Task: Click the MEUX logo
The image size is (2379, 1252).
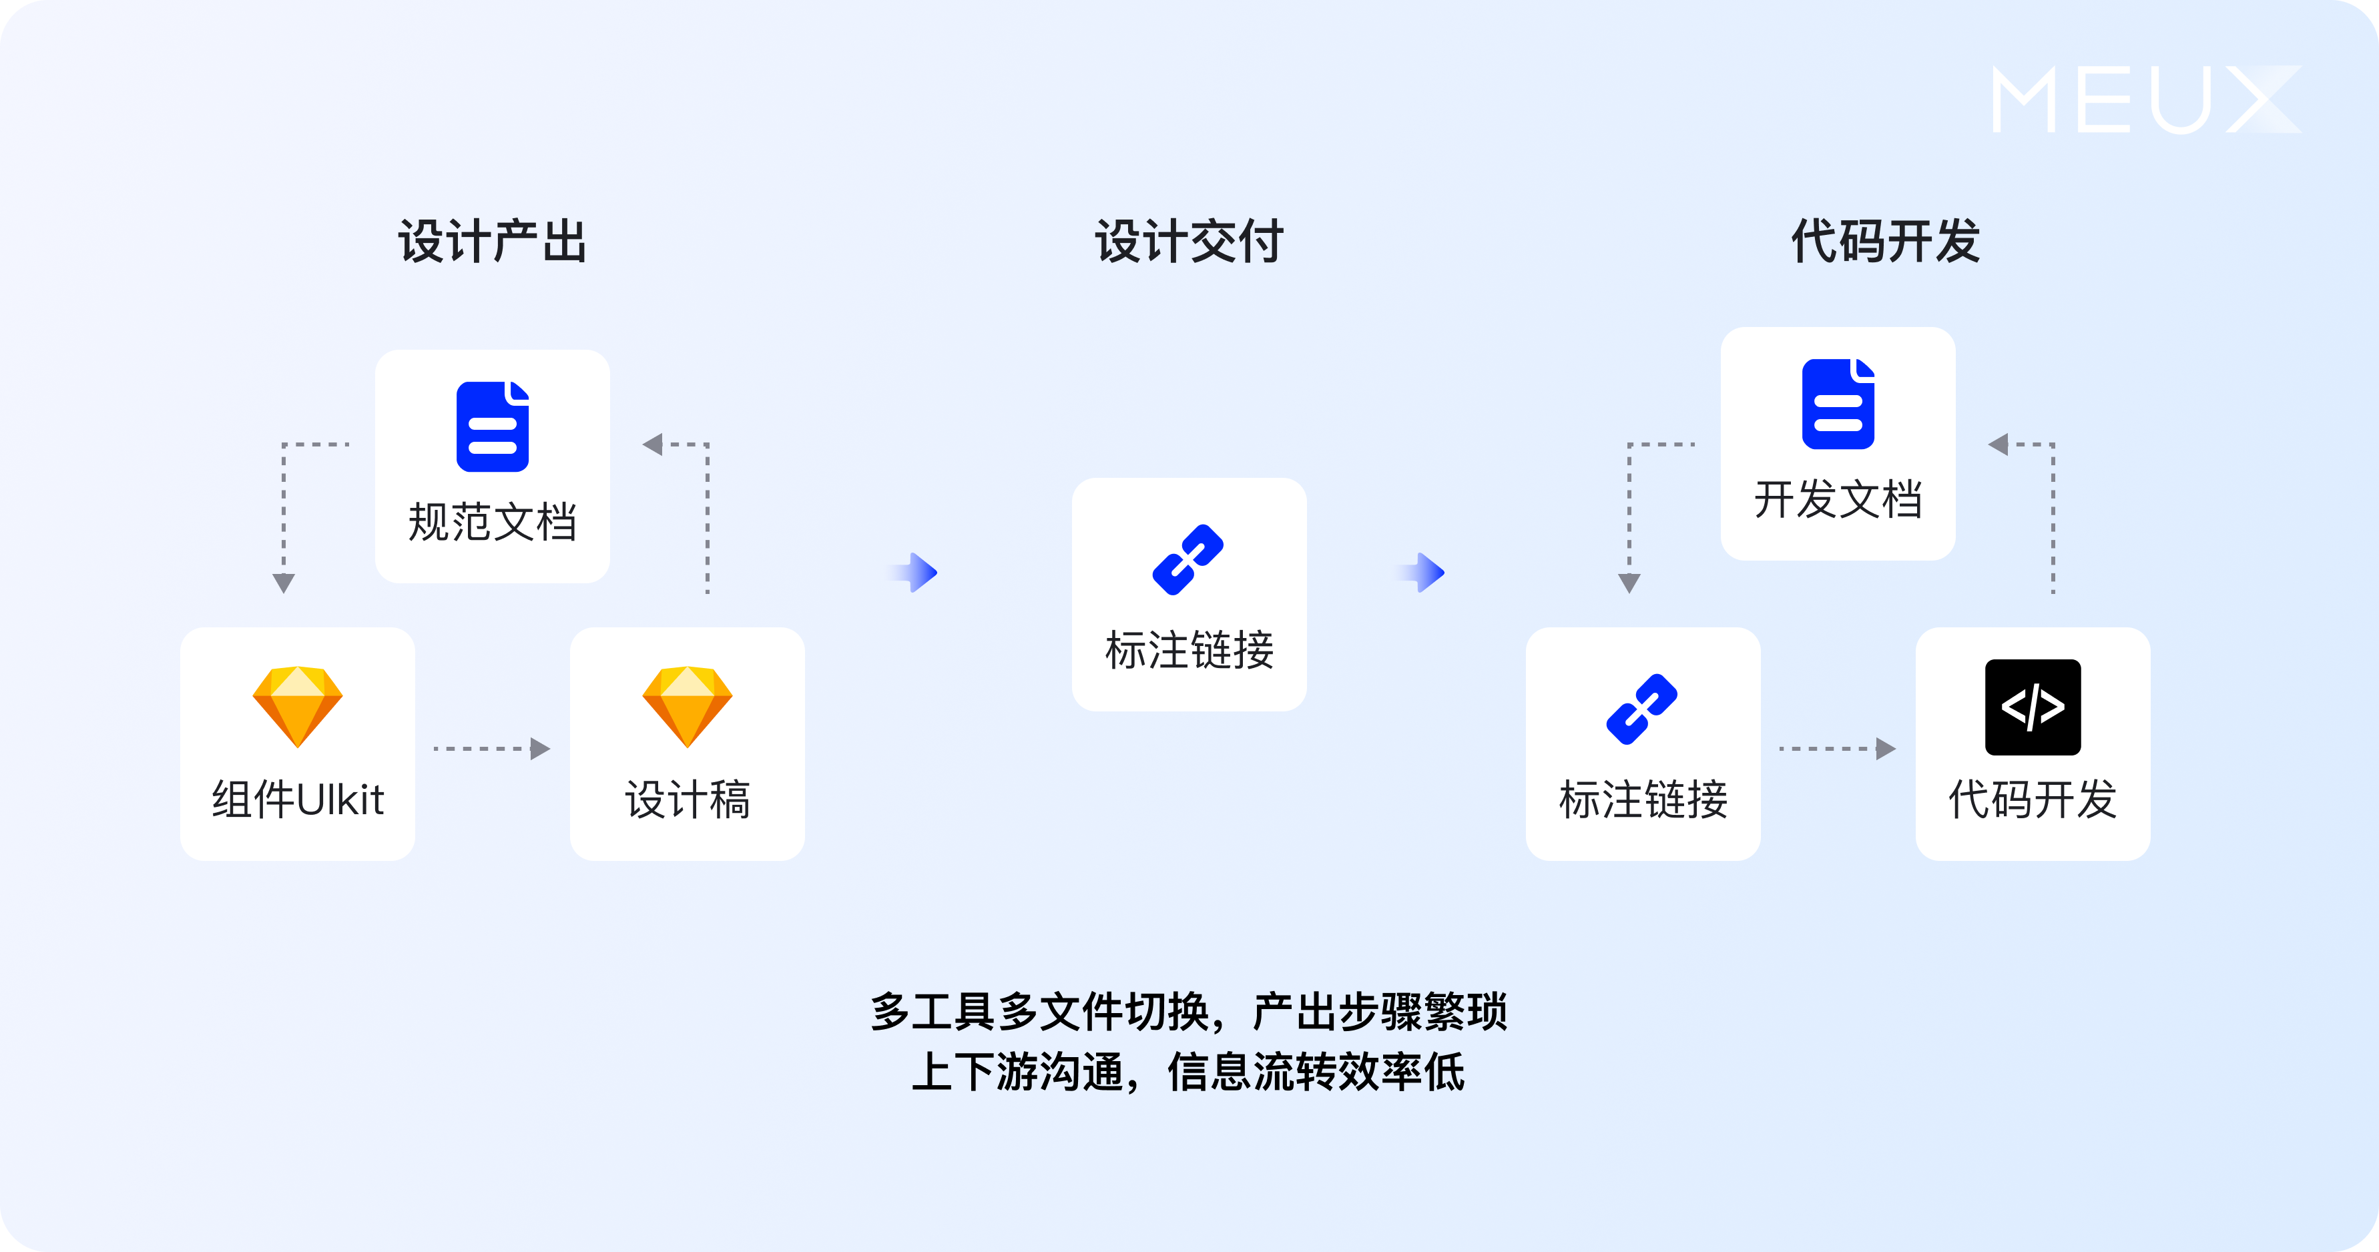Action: pyautogui.click(x=2145, y=99)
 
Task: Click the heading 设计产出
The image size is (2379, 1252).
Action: pyautogui.click(x=492, y=242)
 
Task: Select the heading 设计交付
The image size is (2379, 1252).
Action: pyautogui.click(x=1189, y=242)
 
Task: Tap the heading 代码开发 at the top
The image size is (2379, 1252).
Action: pyautogui.click(x=1885, y=242)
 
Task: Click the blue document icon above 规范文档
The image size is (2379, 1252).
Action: pyautogui.click(x=492, y=426)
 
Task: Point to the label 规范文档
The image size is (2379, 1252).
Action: pyautogui.click(x=492, y=523)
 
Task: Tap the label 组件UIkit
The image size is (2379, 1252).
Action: pyautogui.click(x=298, y=800)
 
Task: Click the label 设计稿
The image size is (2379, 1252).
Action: pyautogui.click(x=687, y=800)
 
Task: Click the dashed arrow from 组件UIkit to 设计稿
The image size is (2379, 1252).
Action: pyautogui.click(x=491, y=749)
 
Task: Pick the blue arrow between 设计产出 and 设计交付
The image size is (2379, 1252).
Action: pyautogui.click(x=914, y=573)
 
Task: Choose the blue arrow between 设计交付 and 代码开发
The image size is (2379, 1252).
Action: pyautogui.click(x=1422, y=573)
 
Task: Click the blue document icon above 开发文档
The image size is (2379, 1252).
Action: pyautogui.click(x=1838, y=404)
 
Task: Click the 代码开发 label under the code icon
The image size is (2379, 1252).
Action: pyautogui.click(x=2033, y=800)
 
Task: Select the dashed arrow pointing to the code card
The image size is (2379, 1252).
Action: pyautogui.click(x=1837, y=749)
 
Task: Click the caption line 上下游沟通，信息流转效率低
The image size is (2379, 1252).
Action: pyautogui.click(x=1189, y=1072)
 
